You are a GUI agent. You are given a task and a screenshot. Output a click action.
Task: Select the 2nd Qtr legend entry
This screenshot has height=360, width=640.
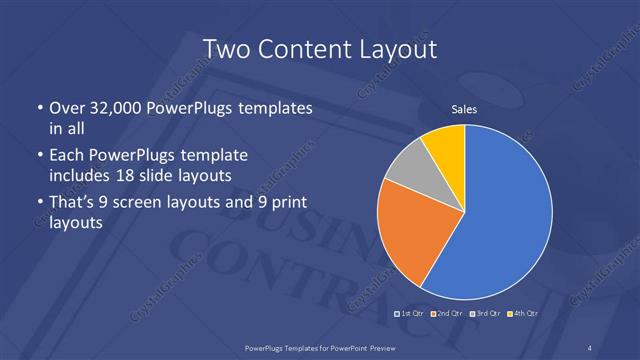(x=446, y=314)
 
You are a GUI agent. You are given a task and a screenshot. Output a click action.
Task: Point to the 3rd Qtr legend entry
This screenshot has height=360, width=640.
(x=484, y=314)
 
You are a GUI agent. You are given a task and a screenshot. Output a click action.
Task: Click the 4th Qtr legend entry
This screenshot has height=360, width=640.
(x=522, y=314)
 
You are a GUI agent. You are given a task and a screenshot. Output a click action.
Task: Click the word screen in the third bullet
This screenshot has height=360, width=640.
(x=168, y=204)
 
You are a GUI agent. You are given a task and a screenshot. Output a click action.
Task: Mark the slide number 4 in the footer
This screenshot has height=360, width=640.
(x=591, y=347)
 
